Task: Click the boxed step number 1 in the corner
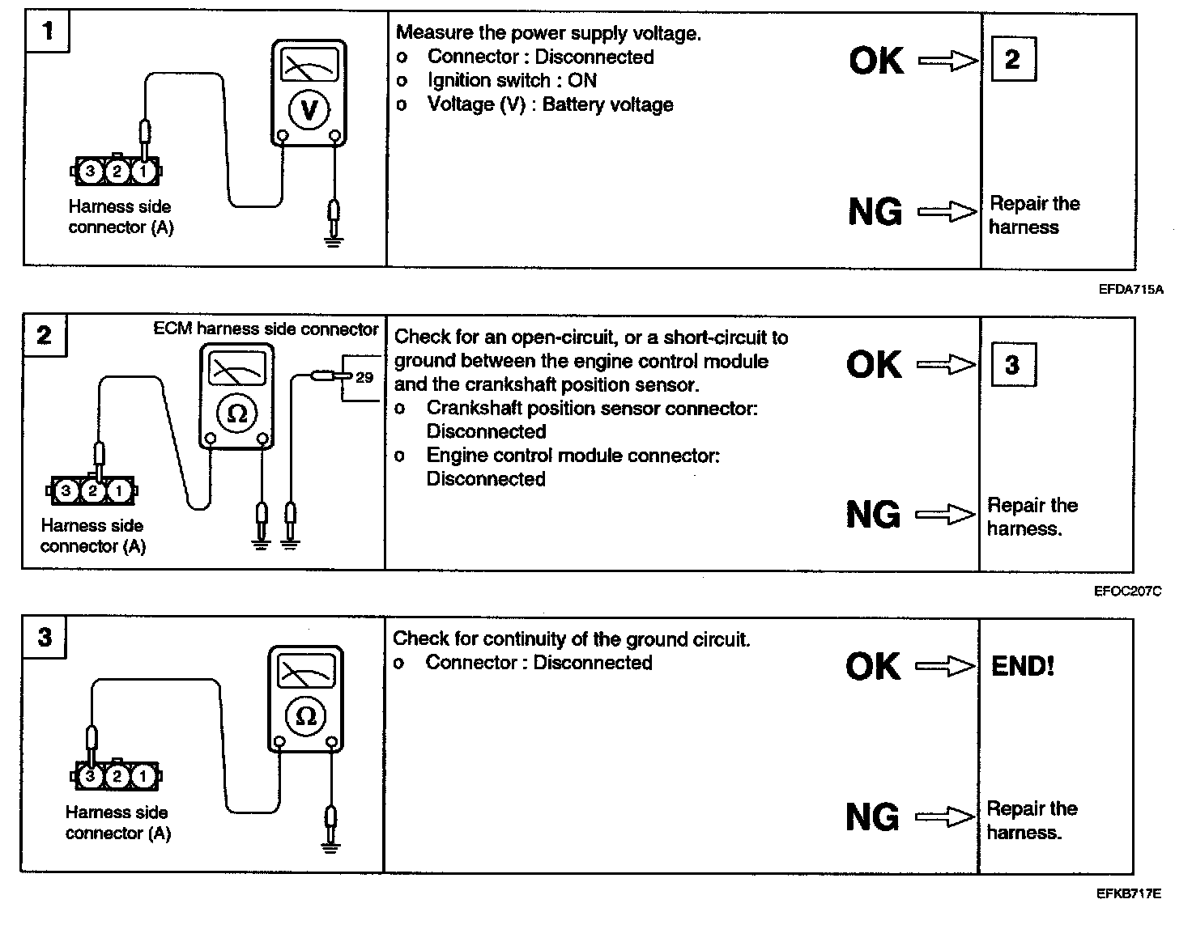[48, 32]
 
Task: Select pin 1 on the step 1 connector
[143, 171]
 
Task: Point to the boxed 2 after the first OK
[1012, 59]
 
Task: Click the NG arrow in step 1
[947, 212]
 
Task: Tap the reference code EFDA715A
[1130, 289]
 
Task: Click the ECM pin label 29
[364, 377]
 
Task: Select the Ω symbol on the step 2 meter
[236, 414]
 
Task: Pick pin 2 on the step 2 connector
[93, 490]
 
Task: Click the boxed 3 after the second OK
[1012, 365]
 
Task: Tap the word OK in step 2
[874, 365]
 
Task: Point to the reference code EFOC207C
[1128, 592]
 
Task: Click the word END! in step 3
[1023, 667]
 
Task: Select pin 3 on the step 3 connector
[90, 777]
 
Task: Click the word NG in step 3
[872, 817]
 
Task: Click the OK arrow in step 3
[945, 666]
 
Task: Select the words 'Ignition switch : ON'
[511, 81]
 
